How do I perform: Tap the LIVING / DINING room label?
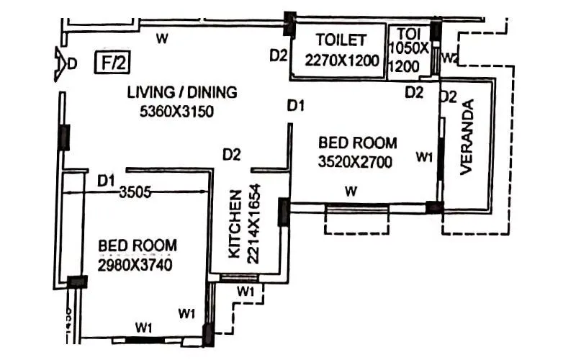click(182, 93)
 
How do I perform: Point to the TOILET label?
click(341, 40)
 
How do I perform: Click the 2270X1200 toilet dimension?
click(341, 60)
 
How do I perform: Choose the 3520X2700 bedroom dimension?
click(355, 163)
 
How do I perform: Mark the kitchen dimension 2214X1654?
click(254, 223)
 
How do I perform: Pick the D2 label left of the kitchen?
click(231, 153)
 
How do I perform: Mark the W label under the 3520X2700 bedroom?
click(351, 191)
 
